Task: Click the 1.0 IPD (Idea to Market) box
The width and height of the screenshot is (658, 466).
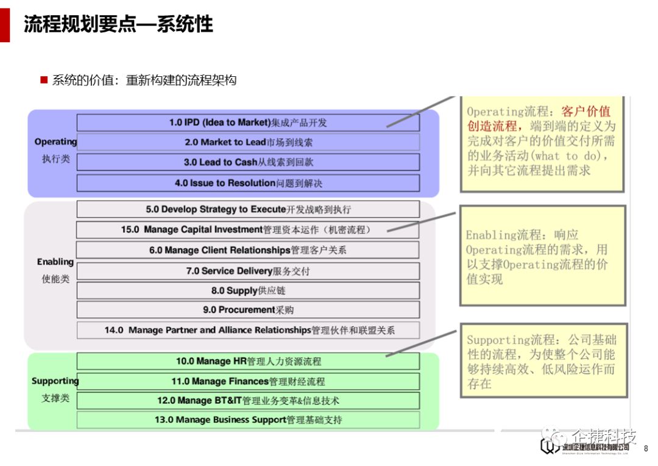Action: click(248, 123)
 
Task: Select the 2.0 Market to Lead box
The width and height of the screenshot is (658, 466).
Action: click(248, 142)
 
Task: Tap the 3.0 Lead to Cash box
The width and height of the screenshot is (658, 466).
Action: click(248, 162)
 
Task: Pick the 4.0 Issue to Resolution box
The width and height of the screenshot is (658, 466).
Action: click(248, 183)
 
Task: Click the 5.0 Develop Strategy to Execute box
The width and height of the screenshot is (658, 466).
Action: click(248, 209)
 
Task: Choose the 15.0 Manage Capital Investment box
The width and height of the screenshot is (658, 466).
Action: click(248, 230)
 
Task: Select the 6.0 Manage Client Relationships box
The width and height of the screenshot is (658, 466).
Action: click(248, 250)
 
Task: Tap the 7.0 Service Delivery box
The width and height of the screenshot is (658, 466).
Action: click(248, 271)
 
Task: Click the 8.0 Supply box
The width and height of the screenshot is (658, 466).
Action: click(248, 290)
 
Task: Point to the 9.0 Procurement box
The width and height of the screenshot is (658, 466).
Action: click(248, 310)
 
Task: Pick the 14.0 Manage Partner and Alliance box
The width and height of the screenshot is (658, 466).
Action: click(248, 330)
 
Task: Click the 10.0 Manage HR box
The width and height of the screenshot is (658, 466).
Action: click(248, 361)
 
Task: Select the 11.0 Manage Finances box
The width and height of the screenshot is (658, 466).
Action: click(248, 381)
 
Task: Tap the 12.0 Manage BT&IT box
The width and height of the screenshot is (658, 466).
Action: click(248, 401)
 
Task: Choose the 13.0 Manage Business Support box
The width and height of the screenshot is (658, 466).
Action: click(248, 420)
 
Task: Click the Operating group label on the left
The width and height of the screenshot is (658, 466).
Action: click(55, 142)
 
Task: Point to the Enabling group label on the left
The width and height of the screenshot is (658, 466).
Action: click(55, 262)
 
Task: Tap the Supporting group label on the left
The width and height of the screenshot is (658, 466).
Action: click(55, 381)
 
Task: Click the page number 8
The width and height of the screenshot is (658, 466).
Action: click(646, 448)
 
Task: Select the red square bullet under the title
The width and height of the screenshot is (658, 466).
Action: click(44, 80)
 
